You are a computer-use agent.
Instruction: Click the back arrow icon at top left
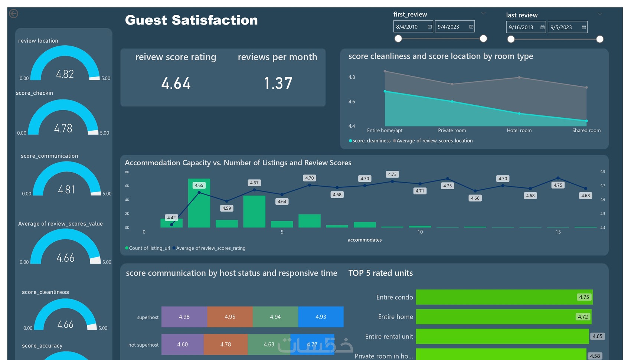pos(13,14)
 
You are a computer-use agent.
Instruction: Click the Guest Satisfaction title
pos(191,20)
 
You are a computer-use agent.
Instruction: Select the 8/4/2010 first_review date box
pos(410,27)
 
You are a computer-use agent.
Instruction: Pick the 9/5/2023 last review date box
pos(564,27)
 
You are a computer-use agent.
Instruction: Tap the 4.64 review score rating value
pos(176,84)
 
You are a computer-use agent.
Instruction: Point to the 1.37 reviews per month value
pos(278,84)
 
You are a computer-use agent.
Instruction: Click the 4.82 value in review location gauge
pos(65,74)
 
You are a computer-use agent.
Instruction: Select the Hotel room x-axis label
pos(519,131)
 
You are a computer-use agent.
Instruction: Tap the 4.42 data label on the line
pos(171,218)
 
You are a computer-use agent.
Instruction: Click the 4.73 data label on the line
pos(392,174)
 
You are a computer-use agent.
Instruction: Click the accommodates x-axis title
pos(364,240)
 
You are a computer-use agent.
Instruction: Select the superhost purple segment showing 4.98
pos(184,317)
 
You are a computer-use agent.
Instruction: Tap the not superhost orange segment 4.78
pos(226,344)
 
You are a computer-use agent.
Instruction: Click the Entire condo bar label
pos(394,297)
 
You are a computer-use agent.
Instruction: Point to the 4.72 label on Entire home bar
pos(583,317)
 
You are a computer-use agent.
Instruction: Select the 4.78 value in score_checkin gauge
pos(63,128)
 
